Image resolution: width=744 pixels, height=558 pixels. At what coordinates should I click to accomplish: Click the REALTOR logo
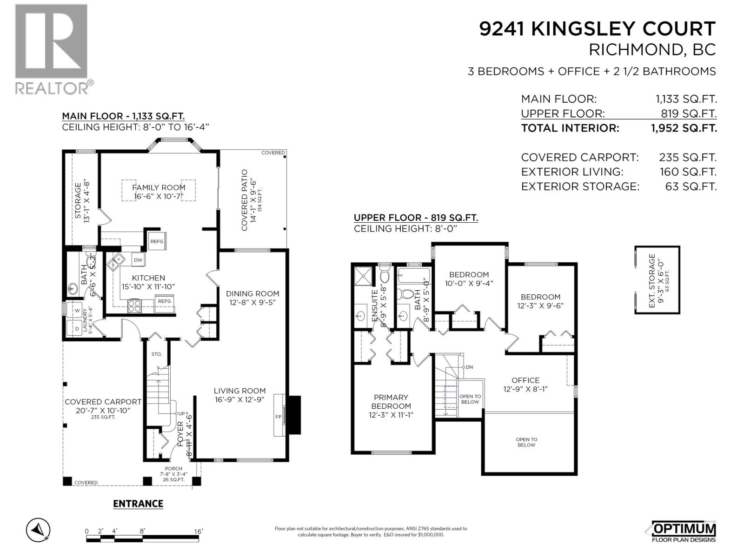click(52, 49)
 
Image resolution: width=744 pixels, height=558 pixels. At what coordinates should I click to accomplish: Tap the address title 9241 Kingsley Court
click(597, 29)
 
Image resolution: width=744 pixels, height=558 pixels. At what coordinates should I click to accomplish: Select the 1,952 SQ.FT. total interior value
click(684, 128)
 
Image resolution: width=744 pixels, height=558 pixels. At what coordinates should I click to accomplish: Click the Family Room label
click(159, 187)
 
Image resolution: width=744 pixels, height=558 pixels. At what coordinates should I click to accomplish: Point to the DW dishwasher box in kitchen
click(138, 260)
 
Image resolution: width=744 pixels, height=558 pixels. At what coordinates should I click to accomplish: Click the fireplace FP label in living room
click(278, 417)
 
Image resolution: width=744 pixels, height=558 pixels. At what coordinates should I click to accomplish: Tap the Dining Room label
click(252, 293)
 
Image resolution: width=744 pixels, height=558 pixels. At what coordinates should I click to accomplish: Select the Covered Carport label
click(103, 402)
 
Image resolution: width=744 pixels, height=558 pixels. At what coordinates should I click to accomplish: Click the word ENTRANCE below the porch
click(138, 504)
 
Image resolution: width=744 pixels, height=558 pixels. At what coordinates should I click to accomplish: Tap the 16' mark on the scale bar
click(199, 531)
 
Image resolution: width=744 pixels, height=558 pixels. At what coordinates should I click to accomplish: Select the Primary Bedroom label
click(391, 401)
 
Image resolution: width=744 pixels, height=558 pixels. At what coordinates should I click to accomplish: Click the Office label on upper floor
click(525, 380)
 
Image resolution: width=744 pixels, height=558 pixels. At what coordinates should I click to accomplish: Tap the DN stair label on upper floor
click(469, 367)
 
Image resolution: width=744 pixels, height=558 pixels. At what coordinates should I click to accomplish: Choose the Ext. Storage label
click(652, 280)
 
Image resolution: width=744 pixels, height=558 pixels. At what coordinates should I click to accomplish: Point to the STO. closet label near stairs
click(156, 354)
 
